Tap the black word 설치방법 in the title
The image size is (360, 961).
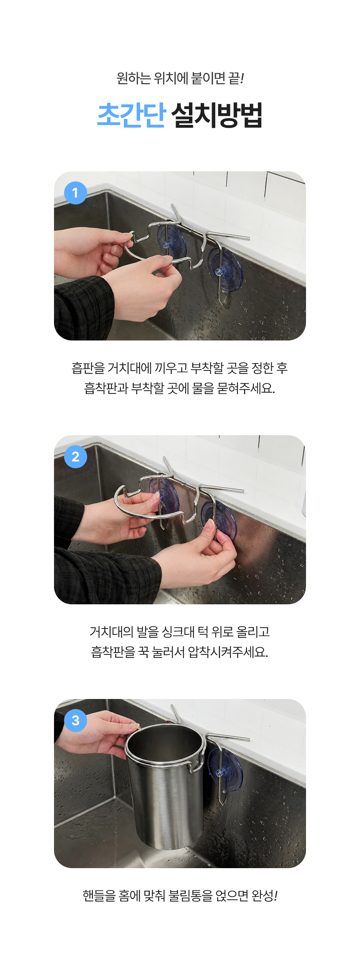(x=217, y=115)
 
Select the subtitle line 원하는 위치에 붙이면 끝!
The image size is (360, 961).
(x=180, y=78)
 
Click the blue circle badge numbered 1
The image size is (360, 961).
(x=75, y=193)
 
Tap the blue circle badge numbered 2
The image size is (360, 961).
(x=75, y=457)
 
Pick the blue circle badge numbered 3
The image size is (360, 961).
(x=75, y=720)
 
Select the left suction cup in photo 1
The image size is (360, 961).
(x=172, y=242)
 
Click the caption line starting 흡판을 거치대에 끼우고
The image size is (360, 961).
(x=180, y=368)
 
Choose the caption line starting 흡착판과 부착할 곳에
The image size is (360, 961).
(x=180, y=388)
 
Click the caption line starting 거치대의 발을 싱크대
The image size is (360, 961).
(x=180, y=632)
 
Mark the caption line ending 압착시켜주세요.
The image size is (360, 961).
(x=180, y=652)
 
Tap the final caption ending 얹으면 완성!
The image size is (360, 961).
(x=180, y=895)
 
